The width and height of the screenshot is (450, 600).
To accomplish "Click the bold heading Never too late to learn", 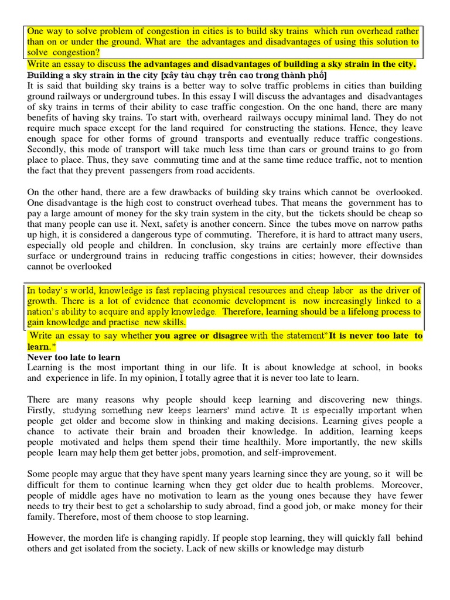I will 73,357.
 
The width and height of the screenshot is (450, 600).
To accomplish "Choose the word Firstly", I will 41,410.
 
